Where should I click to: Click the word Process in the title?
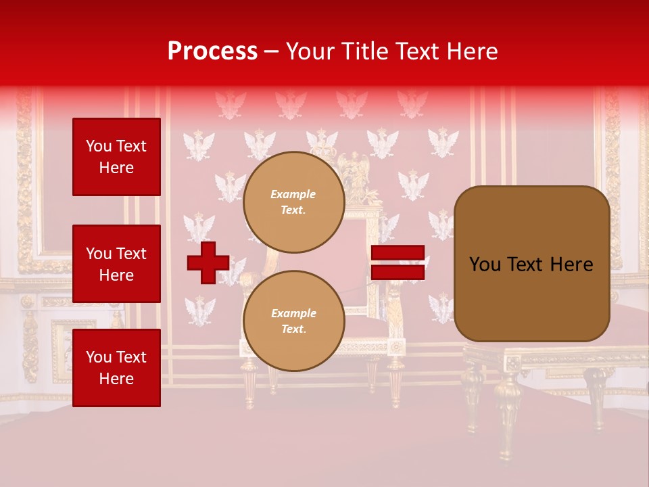point(212,51)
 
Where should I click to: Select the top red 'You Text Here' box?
point(116,157)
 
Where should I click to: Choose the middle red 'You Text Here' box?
point(116,264)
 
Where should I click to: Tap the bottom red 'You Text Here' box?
point(116,368)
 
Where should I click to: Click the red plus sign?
point(208,262)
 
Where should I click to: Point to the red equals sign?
point(398,262)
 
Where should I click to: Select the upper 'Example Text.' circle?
point(293,202)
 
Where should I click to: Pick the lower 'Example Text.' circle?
point(293,321)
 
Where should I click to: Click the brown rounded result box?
point(531,264)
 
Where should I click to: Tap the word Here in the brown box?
point(571,264)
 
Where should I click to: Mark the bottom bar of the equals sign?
point(398,272)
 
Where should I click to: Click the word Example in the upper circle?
point(293,194)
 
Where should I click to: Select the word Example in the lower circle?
point(293,313)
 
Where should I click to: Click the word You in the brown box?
point(485,264)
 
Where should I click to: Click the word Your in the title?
point(312,51)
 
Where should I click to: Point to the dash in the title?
point(271,52)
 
